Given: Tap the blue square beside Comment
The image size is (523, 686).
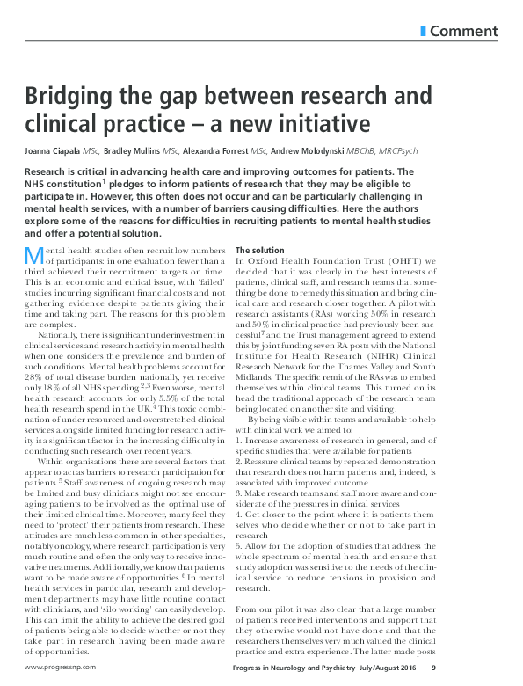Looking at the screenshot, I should (x=425, y=32).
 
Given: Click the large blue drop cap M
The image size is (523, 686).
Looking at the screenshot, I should (x=33, y=255).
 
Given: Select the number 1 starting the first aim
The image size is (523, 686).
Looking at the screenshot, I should (x=238, y=451).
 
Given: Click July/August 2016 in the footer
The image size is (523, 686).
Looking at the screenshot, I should (x=443, y=668).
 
